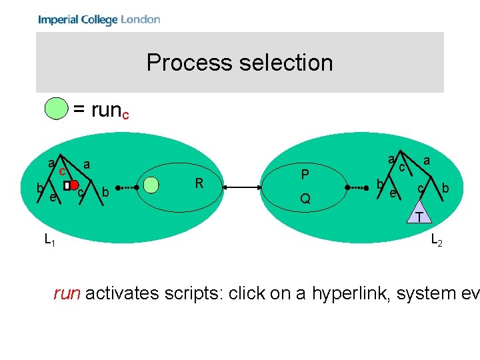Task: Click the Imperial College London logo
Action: (x=99, y=19)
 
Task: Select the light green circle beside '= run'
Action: (x=56, y=108)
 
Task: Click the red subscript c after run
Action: (x=125, y=116)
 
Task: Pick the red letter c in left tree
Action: (x=61, y=171)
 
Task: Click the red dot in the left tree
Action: (x=75, y=184)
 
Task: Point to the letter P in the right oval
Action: (x=304, y=175)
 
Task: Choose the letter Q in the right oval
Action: (x=304, y=198)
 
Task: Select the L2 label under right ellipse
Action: (x=436, y=240)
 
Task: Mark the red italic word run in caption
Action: (x=67, y=293)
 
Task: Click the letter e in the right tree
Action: (x=393, y=193)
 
